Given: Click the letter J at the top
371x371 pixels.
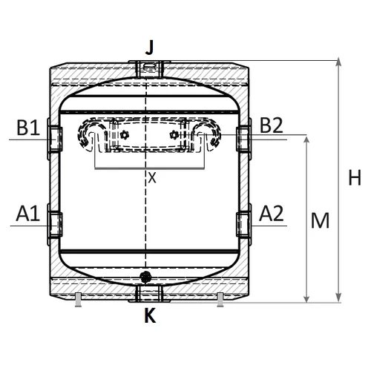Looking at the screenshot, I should [x=150, y=48].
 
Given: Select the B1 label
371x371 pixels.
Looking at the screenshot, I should [x=28, y=126].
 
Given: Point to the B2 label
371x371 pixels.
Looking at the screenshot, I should [x=272, y=126].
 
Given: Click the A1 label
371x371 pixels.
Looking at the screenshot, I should [x=28, y=214].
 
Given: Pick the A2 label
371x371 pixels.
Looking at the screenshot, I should [x=272, y=214].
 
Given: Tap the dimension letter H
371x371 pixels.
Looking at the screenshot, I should [x=355, y=178].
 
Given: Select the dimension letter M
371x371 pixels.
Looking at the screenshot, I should [x=320, y=220].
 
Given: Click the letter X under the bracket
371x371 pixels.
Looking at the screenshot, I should [x=151, y=177].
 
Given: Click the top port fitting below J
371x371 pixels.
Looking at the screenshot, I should [x=149, y=68].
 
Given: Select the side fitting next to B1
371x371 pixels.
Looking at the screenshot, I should [x=54, y=137].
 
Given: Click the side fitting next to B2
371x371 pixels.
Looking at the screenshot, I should [x=243, y=137].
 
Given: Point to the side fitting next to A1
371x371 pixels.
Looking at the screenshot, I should [x=54, y=222].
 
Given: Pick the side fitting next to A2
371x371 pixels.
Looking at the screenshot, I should [x=243, y=222].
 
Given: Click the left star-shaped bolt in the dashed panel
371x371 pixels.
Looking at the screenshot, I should [x=124, y=136].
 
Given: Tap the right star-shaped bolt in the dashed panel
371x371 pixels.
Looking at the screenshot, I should [x=174, y=135].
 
